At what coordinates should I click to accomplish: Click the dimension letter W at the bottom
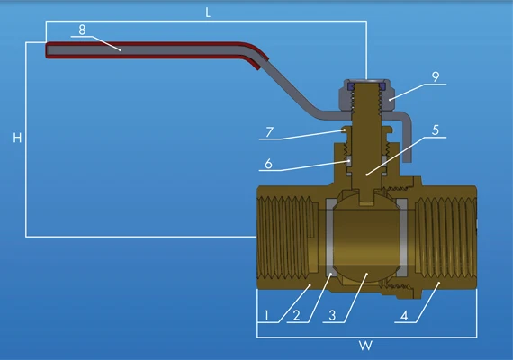click(366, 346)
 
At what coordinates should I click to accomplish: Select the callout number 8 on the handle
click(82, 29)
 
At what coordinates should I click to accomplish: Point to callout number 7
click(269, 132)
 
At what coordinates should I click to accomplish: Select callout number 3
click(332, 316)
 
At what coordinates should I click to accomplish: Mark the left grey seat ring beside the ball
click(332, 238)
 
